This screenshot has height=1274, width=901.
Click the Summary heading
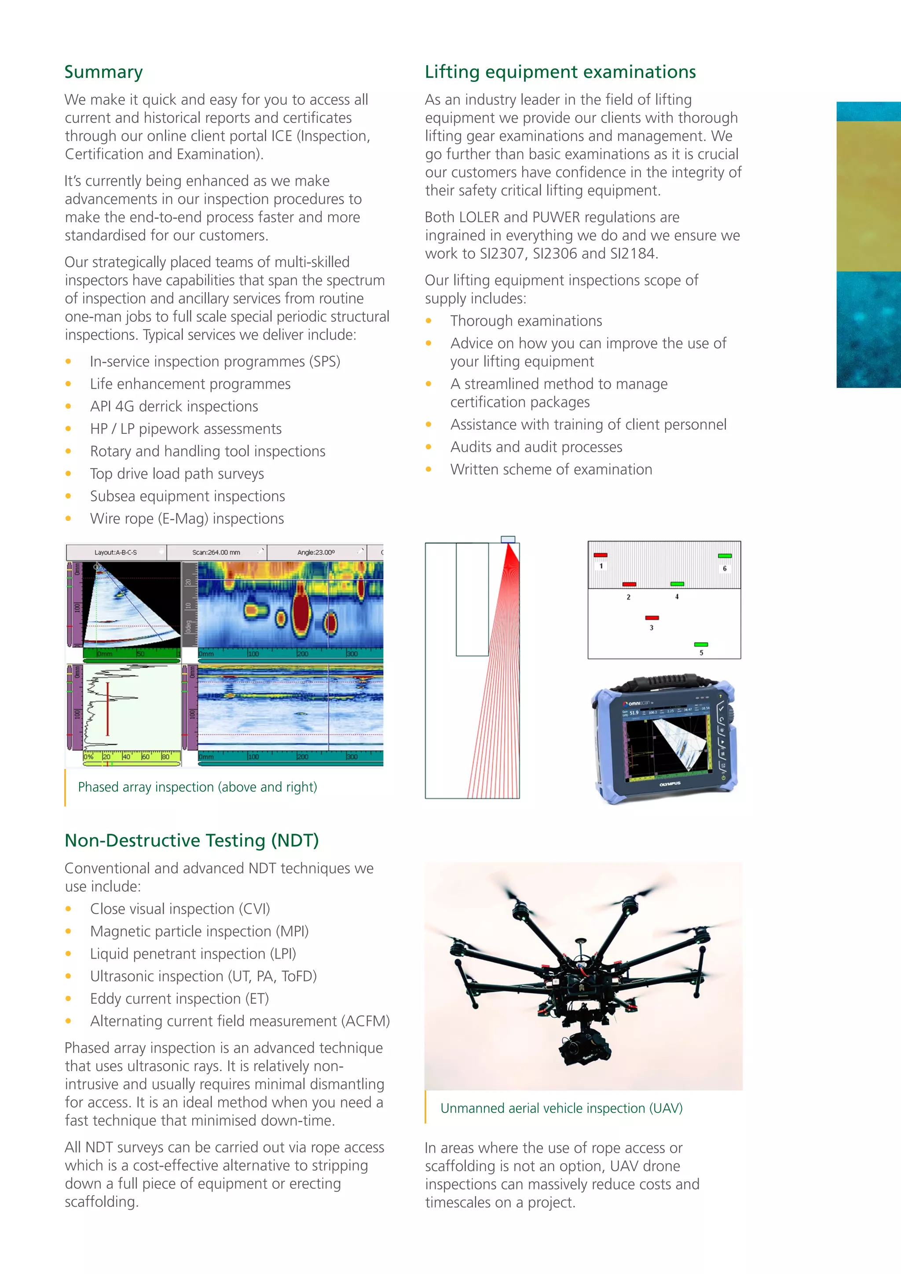(x=104, y=72)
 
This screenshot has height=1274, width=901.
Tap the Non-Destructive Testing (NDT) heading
(x=191, y=841)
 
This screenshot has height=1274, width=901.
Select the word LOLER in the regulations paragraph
(x=480, y=217)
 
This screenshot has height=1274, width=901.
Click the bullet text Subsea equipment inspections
(x=187, y=496)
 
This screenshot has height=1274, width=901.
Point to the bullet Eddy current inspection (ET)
(x=179, y=999)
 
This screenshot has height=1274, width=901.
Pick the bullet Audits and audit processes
(x=536, y=447)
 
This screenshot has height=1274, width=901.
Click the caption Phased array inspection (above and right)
(x=198, y=787)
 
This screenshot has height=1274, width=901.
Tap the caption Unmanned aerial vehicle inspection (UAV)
(x=561, y=1108)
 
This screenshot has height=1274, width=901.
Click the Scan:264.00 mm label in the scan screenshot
(x=216, y=553)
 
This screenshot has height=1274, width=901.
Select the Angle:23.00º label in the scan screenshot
(x=316, y=553)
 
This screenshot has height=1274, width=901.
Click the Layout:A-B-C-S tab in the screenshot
(x=115, y=553)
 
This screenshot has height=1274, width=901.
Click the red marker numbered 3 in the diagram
(x=652, y=618)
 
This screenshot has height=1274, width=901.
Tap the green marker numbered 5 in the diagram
(x=701, y=644)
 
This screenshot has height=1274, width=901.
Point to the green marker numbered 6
(x=725, y=556)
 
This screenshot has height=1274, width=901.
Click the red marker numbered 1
(x=600, y=555)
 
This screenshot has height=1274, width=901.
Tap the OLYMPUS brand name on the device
(x=670, y=784)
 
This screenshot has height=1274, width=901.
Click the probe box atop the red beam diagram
(x=508, y=539)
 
